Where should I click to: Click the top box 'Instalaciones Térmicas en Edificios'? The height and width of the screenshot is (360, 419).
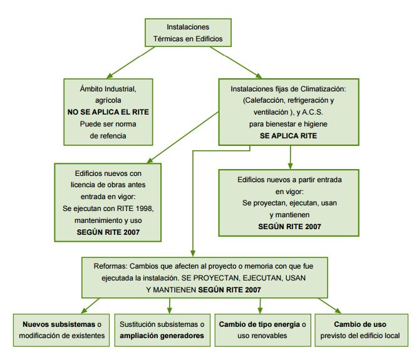pyautogui.click(x=189, y=33)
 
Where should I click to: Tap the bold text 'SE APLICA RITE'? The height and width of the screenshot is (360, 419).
pyautogui.click(x=288, y=135)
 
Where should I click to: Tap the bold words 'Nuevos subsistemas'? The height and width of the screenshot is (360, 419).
pyautogui.click(x=54, y=324)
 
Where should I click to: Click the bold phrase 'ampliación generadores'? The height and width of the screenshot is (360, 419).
pyautogui.click(x=162, y=336)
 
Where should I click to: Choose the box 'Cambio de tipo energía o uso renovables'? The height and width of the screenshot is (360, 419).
pyautogui.click(x=262, y=330)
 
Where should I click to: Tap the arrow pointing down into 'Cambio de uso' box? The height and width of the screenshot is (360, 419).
pyautogui.click(x=329, y=305)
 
